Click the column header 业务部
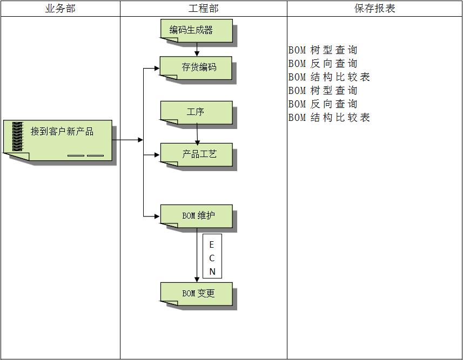click(60, 9)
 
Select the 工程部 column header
click(203, 9)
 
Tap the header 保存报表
click(374, 9)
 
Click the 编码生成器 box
click(197, 31)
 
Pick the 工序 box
click(197, 112)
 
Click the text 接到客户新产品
click(62, 131)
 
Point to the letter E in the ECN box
click(212, 245)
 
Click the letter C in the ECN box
click(212, 258)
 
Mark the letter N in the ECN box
click(212, 271)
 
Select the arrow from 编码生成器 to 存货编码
click(197, 49)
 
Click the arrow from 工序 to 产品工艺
click(197, 133)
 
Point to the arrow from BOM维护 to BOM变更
click(197, 256)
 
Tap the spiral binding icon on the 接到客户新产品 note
click(17, 137)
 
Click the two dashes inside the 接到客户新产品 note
click(85, 155)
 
